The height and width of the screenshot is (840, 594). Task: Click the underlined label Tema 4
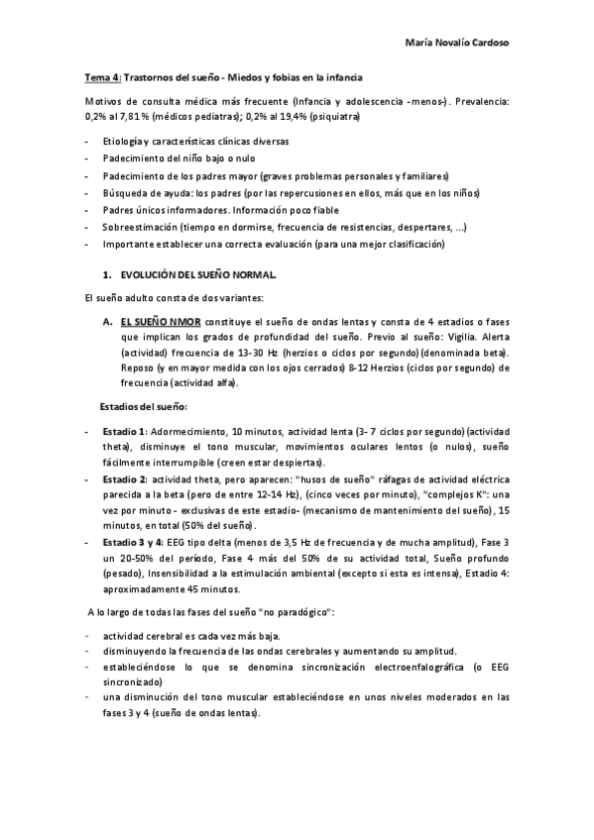[x=101, y=76]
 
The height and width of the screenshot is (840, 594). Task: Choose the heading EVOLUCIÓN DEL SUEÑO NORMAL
[x=198, y=272]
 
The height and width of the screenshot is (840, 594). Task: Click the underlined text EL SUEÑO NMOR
[x=161, y=323]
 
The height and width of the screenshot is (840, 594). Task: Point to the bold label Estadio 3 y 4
[x=136, y=544]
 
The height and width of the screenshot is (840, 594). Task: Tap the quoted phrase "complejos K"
[x=449, y=494]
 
